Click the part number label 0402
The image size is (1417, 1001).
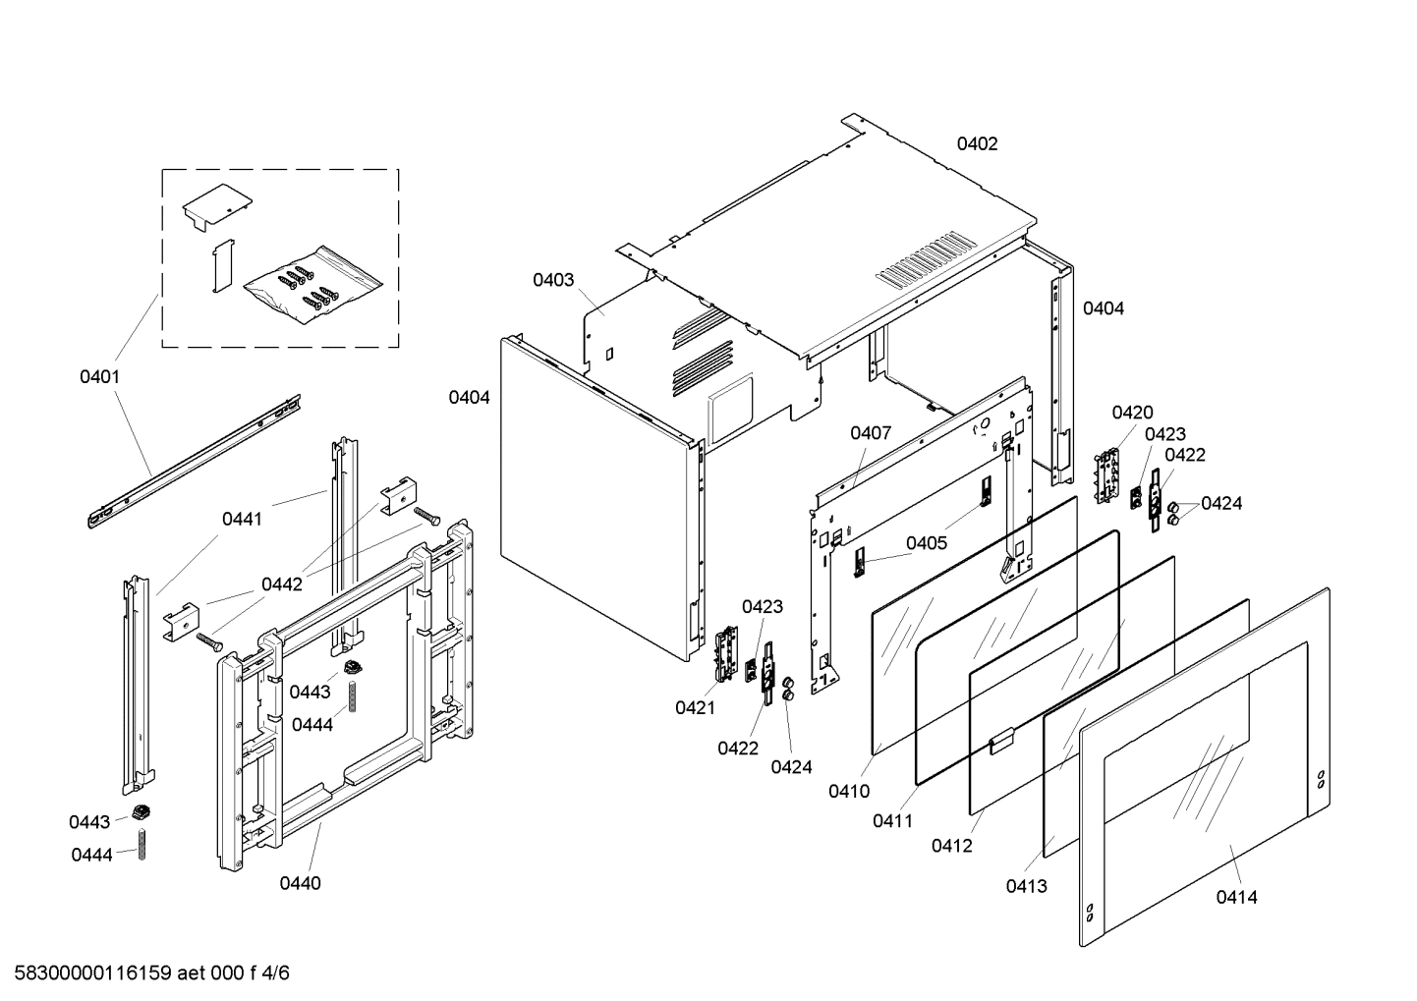click(977, 144)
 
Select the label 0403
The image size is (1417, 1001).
click(553, 280)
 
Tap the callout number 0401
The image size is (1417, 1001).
click(99, 377)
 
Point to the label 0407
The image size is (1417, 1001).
click(871, 433)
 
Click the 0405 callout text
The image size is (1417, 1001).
click(926, 543)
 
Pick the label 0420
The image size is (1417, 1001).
click(1132, 413)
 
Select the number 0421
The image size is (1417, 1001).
click(695, 707)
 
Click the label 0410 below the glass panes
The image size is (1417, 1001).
click(848, 791)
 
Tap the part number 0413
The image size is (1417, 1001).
click(1026, 886)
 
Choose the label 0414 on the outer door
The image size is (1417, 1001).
click(1235, 897)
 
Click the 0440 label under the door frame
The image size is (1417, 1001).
click(300, 883)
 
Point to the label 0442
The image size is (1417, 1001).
click(281, 584)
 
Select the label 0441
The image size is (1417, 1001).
click(242, 519)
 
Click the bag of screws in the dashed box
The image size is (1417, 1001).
click(312, 289)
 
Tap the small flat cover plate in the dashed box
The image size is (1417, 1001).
click(216, 206)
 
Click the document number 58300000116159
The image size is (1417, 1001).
click(88, 973)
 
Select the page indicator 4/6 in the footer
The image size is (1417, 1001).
click(277, 973)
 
